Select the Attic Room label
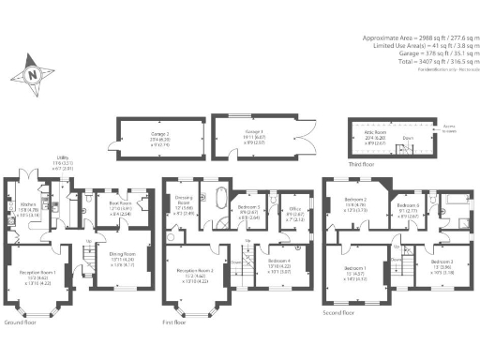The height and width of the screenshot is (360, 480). pos(370,138)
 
